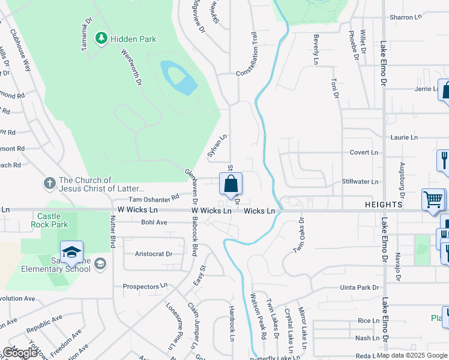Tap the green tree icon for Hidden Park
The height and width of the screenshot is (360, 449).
[x=101, y=39]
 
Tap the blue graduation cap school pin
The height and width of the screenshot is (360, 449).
[x=71, y=253]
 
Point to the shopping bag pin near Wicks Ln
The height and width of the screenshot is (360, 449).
[x=231, y=185]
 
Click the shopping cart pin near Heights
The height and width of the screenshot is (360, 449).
[x=433, y=199]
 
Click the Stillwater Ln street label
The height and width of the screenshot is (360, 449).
[x=360, y=181]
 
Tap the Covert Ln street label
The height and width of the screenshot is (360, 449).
[x=364, y=152]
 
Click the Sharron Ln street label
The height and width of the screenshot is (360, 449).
[x=406, y=17]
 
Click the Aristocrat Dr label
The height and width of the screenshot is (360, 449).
[x=154, y=254]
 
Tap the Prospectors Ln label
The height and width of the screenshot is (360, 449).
[x=145, y=287]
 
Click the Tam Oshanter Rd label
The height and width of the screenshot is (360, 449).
[x=154, y=198]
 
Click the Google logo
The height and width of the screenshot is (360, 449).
[x=20, y=353]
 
